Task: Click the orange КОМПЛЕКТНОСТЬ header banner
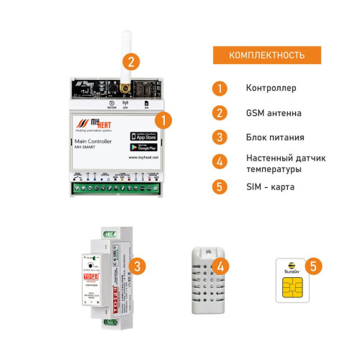[266, 55]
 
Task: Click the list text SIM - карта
[271, 186]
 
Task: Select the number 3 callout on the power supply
[136, 266]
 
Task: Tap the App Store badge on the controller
[144, 135]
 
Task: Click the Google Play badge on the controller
[144, 146]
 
